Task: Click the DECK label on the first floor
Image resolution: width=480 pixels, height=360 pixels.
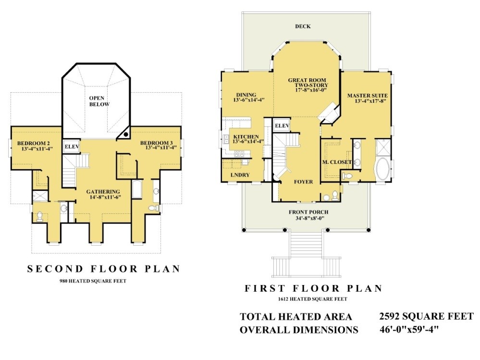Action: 303,26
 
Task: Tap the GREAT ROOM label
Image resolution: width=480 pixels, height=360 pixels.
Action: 307,80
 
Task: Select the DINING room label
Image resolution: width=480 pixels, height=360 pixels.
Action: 246,95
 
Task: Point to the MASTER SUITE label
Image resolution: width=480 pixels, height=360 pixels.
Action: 368,96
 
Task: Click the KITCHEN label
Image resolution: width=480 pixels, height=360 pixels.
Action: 246,137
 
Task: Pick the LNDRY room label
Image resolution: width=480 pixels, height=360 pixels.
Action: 240,175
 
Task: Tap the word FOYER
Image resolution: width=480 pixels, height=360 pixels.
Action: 303,182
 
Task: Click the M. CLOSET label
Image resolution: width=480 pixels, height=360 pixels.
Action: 337,162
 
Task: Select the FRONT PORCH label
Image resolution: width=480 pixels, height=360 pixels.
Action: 308,212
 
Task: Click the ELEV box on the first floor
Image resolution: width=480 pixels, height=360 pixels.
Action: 282,125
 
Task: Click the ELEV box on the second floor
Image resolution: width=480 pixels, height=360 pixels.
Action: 72,147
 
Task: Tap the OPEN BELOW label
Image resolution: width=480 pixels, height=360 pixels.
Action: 99,101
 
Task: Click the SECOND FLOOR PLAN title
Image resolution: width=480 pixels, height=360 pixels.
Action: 103,269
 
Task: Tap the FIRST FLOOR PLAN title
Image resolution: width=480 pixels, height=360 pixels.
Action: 313,288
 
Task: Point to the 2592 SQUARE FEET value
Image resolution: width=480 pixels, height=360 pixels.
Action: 427,316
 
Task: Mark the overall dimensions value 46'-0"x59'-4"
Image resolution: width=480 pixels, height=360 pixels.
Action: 409,329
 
